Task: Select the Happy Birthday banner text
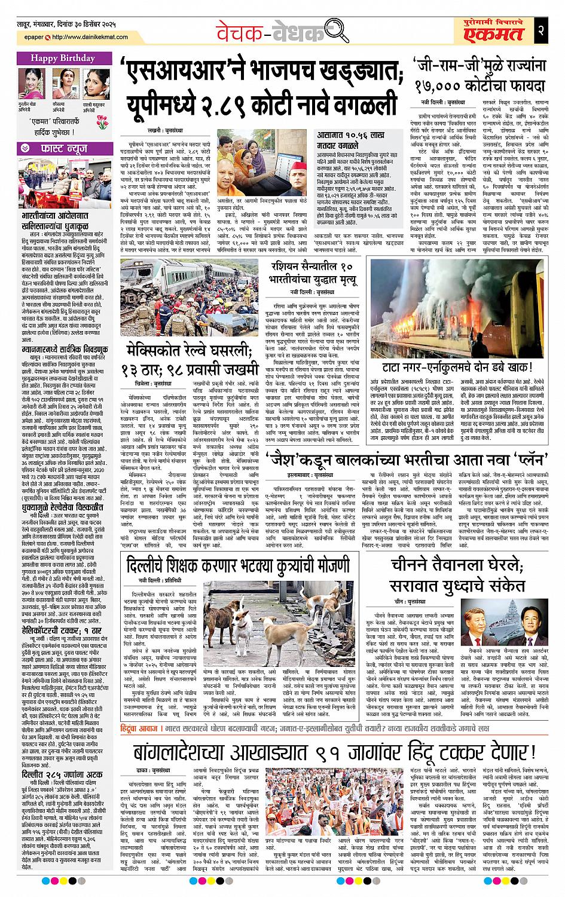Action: (63, 58)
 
